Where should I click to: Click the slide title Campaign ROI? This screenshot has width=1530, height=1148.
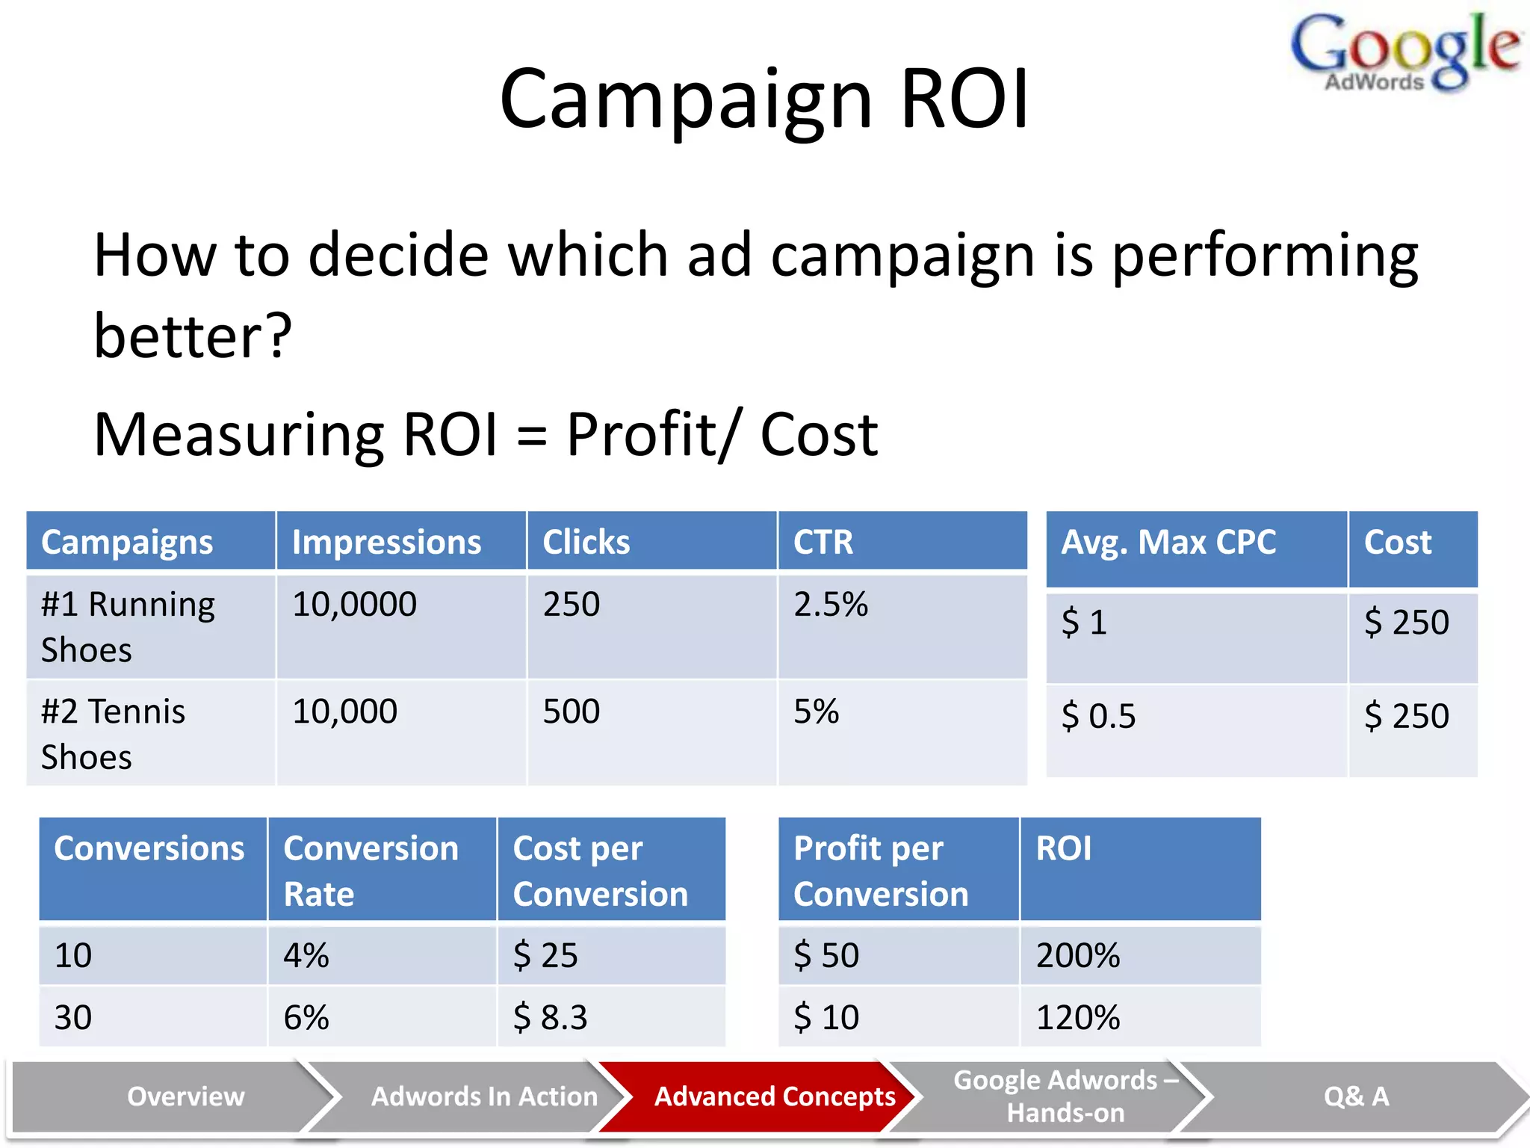tap(764, 99)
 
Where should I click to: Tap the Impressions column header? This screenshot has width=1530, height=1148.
tap(386, 542)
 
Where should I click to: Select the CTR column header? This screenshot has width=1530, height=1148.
tap(823, 542)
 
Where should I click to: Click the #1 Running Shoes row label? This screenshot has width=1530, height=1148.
tap(128, 626)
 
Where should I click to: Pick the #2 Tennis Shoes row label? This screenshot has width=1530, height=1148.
tap(113, 733)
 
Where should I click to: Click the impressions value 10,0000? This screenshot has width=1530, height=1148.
tap(354, 604)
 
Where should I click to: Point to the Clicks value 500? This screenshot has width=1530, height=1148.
tap(571, 711)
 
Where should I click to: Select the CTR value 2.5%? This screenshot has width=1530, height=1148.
tap(830, 604)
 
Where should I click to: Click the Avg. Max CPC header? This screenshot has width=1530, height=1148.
tap(1168, 542)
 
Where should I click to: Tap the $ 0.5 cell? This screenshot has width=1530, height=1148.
tap(1098, 716)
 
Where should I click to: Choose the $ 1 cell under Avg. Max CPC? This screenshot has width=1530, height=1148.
tap(1084, 622)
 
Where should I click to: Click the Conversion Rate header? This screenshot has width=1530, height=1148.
tap(371, 870)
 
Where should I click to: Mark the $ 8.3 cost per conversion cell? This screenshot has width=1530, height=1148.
tap(550, 1017)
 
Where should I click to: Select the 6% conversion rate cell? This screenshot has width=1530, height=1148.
tap(306, 1017)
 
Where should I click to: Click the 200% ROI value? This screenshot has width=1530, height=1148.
tap(1077, 955)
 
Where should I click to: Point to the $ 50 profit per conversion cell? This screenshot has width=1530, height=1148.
tap(826, 955)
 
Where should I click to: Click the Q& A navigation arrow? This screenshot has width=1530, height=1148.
tap(1356, 1096)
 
